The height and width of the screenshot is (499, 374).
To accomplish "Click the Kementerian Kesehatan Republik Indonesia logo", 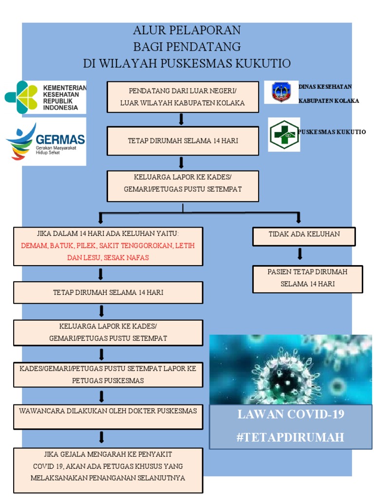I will tap(45, 97).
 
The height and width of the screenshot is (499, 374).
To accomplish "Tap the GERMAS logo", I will tap(45, 141).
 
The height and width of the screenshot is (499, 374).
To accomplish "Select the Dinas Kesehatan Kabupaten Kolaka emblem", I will tap(281, 93).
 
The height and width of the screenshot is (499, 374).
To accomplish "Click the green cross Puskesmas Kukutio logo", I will tap(284, 134).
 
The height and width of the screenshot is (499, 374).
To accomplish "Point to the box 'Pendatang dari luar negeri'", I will tap(183, 97).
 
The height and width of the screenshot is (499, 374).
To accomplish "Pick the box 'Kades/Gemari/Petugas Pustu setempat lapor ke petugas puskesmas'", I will tap(108, 374).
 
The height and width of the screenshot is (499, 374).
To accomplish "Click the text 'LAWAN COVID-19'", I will tap(290, 415).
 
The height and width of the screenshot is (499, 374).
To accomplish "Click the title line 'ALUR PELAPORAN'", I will tap(187, 31).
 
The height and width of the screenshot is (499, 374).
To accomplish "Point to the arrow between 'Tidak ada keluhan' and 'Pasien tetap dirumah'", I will tap(300, 254).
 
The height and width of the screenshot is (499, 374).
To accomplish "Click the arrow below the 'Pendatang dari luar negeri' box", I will tap(181, 119).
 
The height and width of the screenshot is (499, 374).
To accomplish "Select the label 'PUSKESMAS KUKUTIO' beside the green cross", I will tap(332, 132).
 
